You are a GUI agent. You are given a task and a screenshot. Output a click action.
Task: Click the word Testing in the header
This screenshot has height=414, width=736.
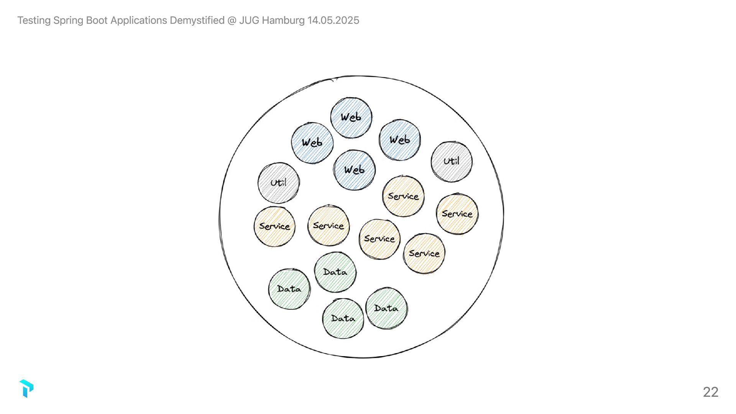34,20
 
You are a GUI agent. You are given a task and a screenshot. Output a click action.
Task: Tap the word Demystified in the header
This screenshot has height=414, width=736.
197,20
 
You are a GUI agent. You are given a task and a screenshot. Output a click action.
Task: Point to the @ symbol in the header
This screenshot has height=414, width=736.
232,20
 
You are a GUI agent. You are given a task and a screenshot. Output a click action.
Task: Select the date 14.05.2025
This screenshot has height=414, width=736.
333,20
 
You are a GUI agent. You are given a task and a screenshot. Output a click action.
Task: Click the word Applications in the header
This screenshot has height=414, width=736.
138,20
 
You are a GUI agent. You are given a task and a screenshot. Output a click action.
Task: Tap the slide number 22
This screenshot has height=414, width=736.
710,392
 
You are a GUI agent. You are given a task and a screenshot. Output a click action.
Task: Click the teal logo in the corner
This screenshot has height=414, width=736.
26,388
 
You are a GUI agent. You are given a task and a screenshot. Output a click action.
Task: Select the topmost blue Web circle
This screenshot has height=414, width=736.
351,117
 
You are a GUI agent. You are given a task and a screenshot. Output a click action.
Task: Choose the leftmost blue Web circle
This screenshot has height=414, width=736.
312,143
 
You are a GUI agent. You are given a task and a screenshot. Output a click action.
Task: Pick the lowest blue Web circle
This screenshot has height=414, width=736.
354,170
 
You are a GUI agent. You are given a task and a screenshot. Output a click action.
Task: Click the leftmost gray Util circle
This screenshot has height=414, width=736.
279,183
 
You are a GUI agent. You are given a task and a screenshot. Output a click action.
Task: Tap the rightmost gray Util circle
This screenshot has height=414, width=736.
452,161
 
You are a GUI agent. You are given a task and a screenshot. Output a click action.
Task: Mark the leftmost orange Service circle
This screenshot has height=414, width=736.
274,226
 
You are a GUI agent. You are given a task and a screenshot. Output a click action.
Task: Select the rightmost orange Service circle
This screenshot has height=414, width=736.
457,214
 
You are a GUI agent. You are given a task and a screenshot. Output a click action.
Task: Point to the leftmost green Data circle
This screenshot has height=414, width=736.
289,289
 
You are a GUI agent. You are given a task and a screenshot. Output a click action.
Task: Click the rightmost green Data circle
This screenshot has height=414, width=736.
386,308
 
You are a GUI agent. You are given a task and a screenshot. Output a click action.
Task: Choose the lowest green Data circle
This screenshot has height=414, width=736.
343,318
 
